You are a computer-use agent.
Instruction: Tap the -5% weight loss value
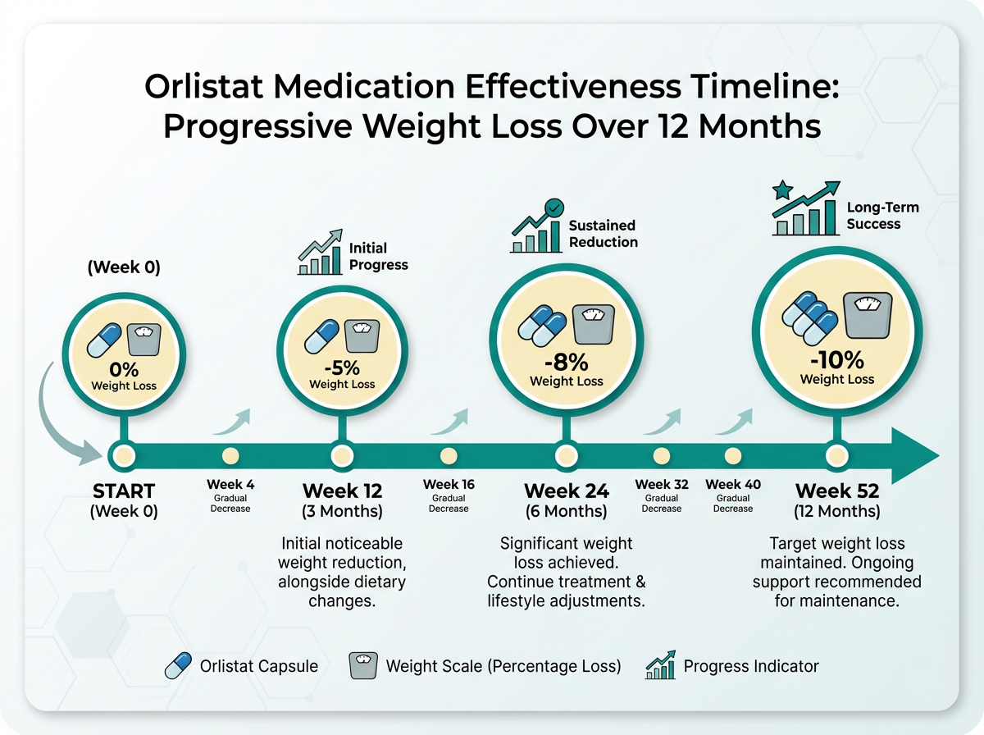(x=342, y=367)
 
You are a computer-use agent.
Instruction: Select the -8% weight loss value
(x=566, y=362)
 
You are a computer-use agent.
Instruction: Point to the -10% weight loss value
(x=836, y=359)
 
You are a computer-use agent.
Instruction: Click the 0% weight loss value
(x=123, y=370)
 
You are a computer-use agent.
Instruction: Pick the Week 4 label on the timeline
(x=230, y=485)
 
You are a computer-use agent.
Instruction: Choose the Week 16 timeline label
(x=449, y=485)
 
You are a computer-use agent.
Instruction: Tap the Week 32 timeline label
(x=661, y=485)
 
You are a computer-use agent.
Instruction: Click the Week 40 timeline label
(x=733, y=485)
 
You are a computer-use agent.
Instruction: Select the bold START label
(x=124, y=491)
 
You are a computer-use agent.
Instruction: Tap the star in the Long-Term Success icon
(x=781, y=191)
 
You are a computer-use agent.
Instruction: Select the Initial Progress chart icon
(x=319, y=253)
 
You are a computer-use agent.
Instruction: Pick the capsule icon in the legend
(x=179, y=666)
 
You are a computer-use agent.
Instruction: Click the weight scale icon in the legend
(x=362, y=666)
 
